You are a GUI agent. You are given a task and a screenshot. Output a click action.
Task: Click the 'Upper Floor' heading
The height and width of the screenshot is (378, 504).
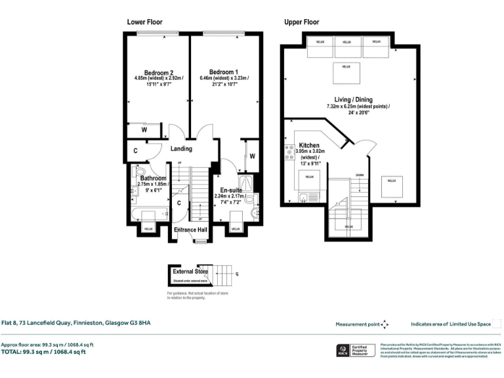(301, 22)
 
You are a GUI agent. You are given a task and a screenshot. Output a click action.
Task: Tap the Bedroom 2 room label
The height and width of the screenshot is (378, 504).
(158, 73)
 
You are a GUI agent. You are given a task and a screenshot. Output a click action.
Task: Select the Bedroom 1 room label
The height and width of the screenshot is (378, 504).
(223, 72)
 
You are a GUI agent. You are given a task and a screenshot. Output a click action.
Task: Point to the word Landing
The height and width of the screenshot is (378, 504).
(182, 149)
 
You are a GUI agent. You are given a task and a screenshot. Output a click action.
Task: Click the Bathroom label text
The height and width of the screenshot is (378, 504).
(153, 178)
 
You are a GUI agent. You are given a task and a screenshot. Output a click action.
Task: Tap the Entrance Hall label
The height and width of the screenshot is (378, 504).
(190, 230)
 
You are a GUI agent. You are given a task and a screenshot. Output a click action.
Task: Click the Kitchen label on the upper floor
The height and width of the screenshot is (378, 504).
(309, 145)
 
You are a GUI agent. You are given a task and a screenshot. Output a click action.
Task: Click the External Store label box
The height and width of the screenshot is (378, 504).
(190, 271)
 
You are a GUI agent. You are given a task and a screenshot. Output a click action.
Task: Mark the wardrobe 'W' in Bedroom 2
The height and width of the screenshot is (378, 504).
(144, 130)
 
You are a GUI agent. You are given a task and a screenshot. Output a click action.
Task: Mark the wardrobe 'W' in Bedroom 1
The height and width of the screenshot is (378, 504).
(251, 156)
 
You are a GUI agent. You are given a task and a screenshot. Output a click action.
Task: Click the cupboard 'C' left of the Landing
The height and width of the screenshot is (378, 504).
(135, 150)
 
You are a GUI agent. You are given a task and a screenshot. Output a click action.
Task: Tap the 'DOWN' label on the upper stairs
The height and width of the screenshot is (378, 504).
(359, 175)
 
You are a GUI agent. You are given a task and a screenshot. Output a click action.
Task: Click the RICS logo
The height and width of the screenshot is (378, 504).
(343, 350)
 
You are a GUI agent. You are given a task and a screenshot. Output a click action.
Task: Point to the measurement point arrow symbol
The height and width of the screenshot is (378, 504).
(385, 324)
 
